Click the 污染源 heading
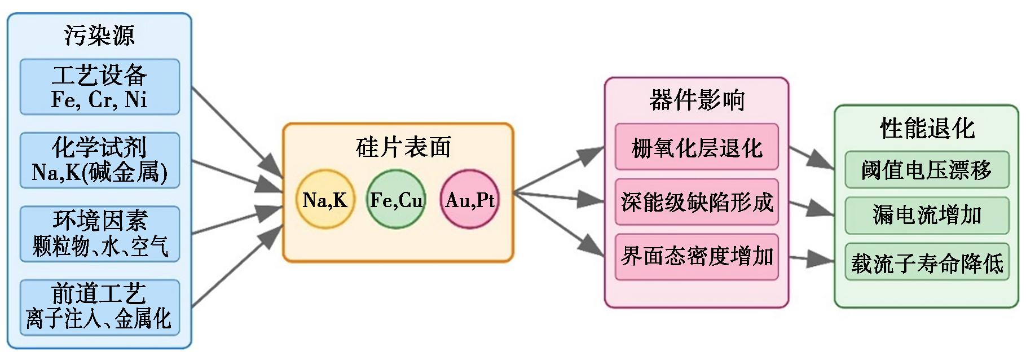99,35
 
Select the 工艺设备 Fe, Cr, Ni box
100,87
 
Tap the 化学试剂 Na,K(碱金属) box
100,160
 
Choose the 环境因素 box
100,234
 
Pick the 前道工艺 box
100,307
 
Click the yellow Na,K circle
325,200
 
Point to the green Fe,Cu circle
396,200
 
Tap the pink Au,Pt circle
469,200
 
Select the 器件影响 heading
697,100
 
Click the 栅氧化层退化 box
697,147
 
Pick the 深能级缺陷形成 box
697,202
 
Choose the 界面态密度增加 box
697,257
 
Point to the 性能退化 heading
927,128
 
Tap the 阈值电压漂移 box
927,169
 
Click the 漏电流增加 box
927,215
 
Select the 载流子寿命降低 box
927,262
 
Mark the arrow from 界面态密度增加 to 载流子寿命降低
811,258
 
